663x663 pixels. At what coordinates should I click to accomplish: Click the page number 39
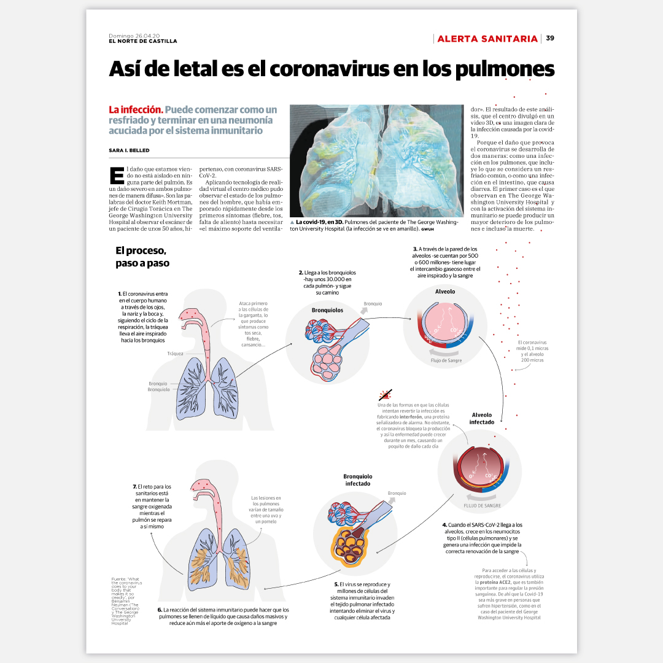coord(550,39)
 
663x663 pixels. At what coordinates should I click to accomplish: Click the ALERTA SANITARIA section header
coord(487,39)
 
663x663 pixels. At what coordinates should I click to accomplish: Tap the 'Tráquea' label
coord(175,354)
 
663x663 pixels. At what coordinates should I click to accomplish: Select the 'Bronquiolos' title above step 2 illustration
coord(327,310)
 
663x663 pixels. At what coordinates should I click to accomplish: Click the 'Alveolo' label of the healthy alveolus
coord(445,291)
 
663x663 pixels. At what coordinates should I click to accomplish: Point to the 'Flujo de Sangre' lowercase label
coord(446,360)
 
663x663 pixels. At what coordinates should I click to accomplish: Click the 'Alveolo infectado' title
coord(481,419)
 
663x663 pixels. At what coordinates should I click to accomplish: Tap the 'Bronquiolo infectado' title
coord(358,479)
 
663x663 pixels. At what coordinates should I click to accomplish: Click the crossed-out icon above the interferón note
coord(385,395)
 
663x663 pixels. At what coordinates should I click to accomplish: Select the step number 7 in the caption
coord(134,487)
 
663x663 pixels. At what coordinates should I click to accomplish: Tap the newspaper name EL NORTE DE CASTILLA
coord(143,41)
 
